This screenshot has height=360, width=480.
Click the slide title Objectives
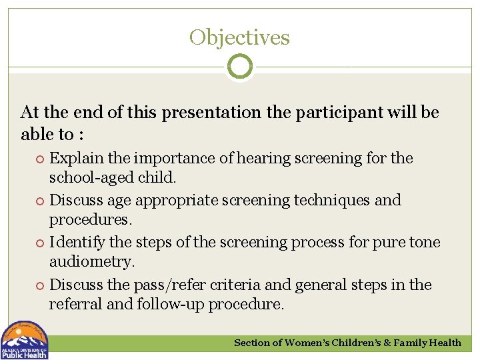pyautogui.click(x=239, y=37)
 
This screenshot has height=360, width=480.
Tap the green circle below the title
pyautogui.click(x=240, y=67)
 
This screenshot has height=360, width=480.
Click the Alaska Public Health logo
pyautogui.click(x=24, y=340)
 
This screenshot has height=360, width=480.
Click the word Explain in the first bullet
pyautogui.click(x=75, y=159)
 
